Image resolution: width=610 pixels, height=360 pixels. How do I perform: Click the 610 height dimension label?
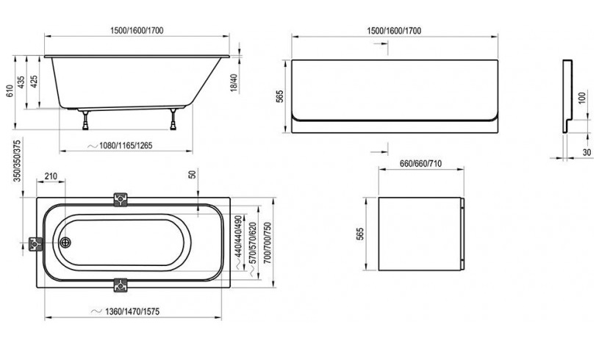coord(10,91)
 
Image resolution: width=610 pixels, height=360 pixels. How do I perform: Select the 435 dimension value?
coord(21,82)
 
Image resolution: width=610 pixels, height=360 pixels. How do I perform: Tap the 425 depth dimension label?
coord(35,82)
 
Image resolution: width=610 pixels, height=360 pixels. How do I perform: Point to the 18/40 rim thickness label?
coord(234,83)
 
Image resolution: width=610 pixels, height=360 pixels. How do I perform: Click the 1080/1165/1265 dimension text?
coord(126,145)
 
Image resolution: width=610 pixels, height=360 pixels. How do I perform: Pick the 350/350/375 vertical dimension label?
coord(17,161)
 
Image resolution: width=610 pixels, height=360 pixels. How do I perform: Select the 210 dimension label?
coord(51,176)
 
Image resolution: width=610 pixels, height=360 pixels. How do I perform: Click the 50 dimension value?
coord(192,174)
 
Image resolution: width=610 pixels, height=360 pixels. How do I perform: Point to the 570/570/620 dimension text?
coord(253,243)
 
